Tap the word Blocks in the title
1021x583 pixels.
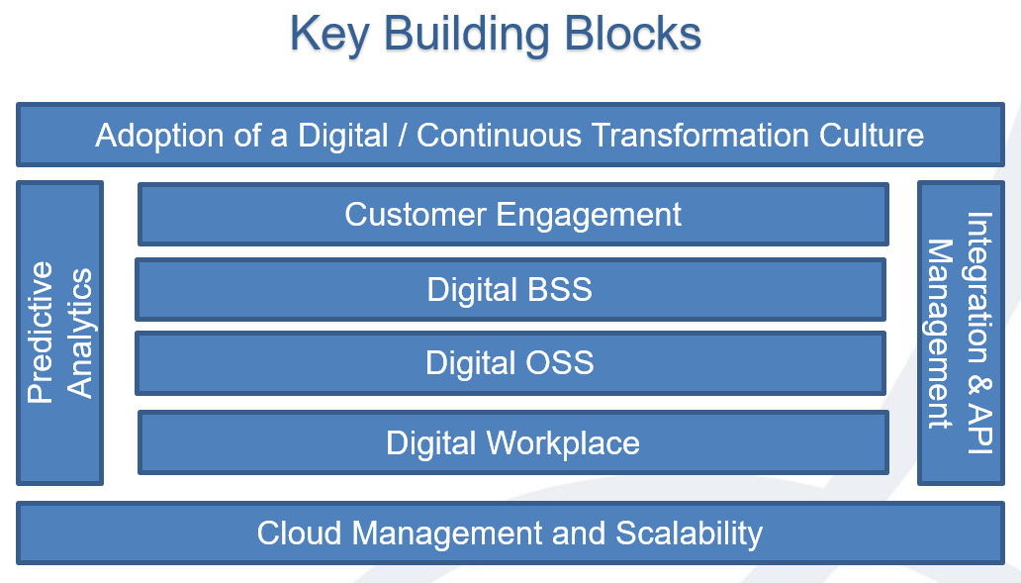(x=632, y=33)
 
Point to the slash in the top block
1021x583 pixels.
(x=403, y=136)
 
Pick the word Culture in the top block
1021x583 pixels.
(x=872, y=135)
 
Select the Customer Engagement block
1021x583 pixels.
(x=513, y=215)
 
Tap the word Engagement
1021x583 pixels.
(x=589, y=216)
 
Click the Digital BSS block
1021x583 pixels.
(x=510, y=289)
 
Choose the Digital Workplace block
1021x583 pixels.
(x=513, y=443)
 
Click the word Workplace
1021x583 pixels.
(x=563, y=443)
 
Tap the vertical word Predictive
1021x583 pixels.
(x=41, y=333)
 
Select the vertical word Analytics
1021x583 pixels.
(x=79, y=333)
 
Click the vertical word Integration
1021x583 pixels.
(x=980, y=288)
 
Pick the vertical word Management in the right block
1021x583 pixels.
(x=940, y=335)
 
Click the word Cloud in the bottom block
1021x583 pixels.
(x=299, y=534)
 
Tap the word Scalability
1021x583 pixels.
(x=689, y=534)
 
